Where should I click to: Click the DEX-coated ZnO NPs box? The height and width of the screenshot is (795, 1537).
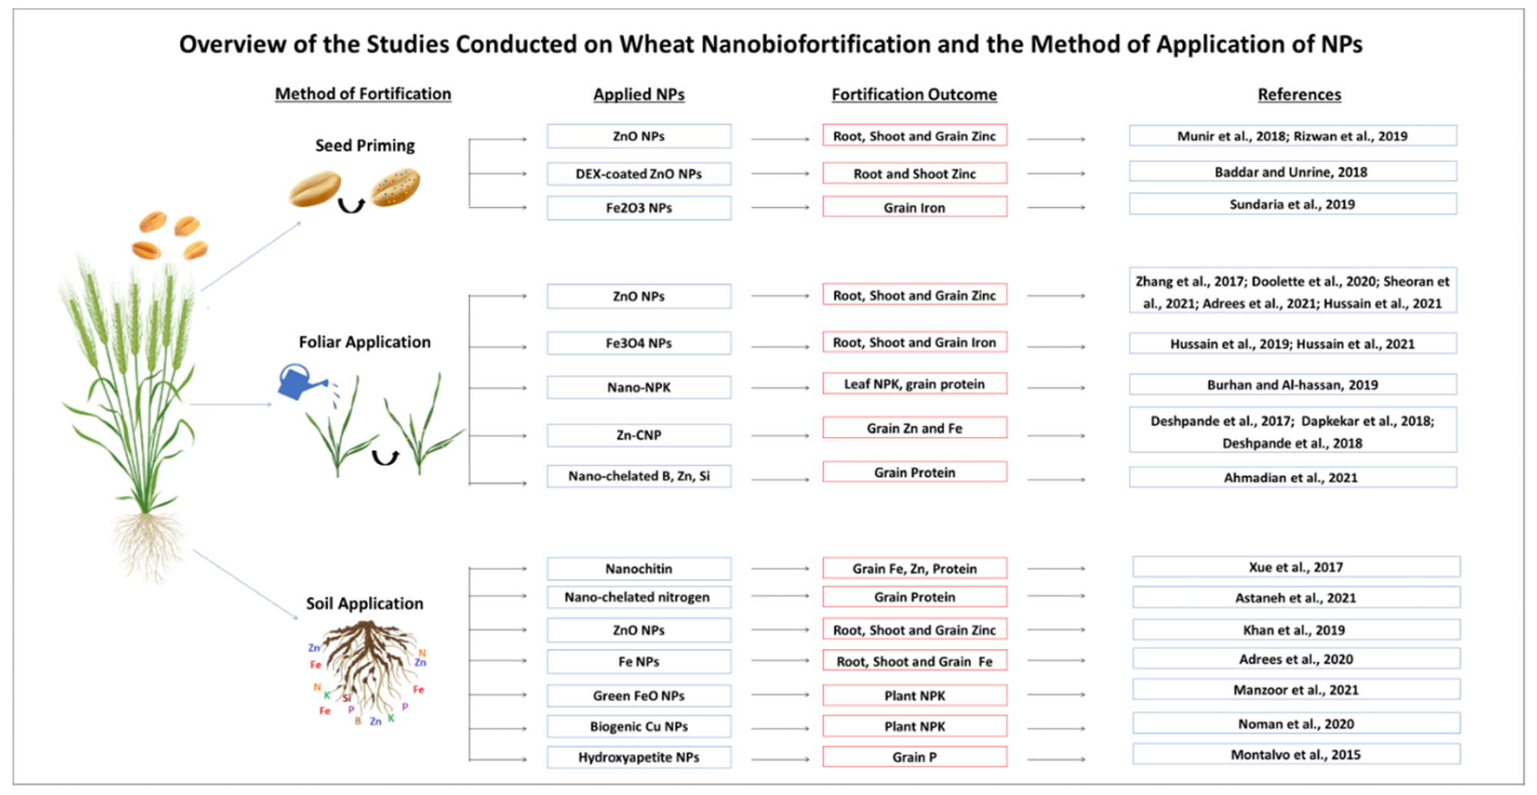(639, 174)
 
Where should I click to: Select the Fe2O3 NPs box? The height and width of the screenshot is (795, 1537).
(639, 208)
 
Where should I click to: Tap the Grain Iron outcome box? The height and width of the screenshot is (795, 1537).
(915, 207)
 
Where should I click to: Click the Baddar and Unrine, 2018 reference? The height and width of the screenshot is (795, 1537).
(1293, 171)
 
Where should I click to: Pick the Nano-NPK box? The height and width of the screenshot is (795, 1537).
(639, 387)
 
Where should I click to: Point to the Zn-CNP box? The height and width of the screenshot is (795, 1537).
(639, 435)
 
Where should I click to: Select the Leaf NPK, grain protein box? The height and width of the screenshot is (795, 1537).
(915, 383)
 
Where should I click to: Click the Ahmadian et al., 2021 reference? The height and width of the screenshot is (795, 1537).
(1293, 477)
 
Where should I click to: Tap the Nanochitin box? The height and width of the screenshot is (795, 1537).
(639, 568)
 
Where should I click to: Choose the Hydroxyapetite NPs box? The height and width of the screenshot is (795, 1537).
(639, 757)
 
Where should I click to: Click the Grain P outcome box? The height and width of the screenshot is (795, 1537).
(915, 757)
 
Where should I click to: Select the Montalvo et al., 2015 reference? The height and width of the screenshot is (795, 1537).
(1296, 754)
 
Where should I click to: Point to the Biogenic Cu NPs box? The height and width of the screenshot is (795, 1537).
(639, 726)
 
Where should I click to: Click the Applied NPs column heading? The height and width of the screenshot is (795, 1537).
(639, 94)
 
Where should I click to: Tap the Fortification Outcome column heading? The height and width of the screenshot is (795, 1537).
(915, 94)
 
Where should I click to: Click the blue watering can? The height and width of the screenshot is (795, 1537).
(301, 383)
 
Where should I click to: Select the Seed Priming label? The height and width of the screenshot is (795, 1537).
(365, 145)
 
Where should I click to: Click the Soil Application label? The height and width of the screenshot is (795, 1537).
(365, 603)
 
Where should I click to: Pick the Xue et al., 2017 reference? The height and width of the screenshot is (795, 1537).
(1296, 567)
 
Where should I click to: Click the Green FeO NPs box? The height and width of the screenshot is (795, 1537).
(639, 695)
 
